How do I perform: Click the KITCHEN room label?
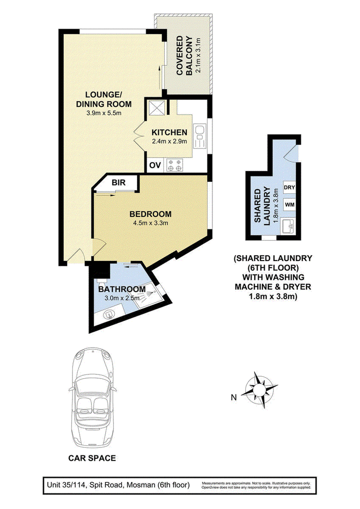coord(170,132)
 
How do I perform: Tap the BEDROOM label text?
coord(150,214)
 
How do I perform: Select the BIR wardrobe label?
coord(118,182)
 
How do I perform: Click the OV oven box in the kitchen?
coord(155,165)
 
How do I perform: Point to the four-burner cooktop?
coord(175,165)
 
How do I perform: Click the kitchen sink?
coord(200,136)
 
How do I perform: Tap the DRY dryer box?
coord(289,187)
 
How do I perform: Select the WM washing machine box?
coord(289,204)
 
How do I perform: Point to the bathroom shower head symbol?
coord(148,293)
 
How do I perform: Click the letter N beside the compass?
coord(234,397)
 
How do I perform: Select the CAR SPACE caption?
coord(92,458)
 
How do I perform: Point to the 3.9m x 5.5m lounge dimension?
coord(103,113)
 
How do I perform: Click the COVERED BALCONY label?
coord(184,55)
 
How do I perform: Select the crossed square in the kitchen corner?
coord(157,108)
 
